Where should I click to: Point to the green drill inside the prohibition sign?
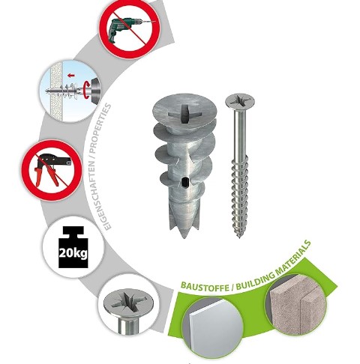[126, 28]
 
